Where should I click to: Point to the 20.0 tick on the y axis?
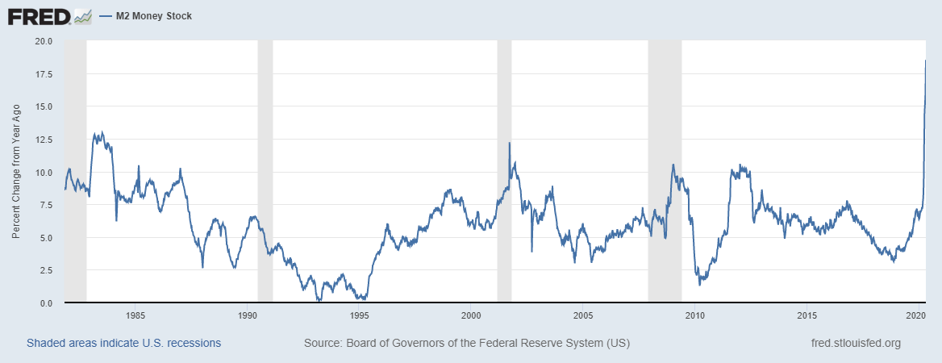(42, 41)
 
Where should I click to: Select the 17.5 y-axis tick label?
(42, 74)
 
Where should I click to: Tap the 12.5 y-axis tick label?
(42, 140)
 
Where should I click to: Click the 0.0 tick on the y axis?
(44, 303)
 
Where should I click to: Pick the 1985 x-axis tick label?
(135, 315)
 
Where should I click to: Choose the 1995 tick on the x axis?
(360, 315)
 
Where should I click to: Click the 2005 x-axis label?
(584, 315)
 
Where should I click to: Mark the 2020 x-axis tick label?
(915, 315)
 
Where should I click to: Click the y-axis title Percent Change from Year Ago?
(16, 171)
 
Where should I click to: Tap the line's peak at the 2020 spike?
(925, 60)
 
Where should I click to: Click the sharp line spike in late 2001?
(510, 143)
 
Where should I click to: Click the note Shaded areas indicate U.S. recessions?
(123, 344)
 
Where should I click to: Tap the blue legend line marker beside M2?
(104, 16)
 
